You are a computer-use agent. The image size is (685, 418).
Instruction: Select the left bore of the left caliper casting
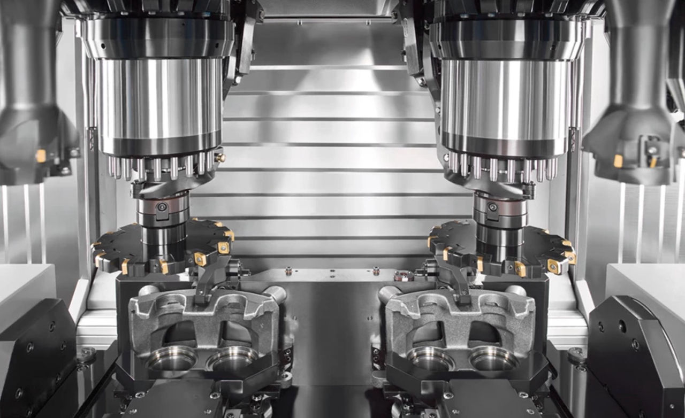coord(171,359)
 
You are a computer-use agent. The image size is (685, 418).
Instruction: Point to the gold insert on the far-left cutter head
coord(41,156)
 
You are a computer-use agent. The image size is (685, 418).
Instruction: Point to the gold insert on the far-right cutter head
coord(619,160)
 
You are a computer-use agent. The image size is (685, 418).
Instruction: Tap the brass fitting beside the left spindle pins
coord(219,158)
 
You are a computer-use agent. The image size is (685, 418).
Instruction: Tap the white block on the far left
coord(24,289)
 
